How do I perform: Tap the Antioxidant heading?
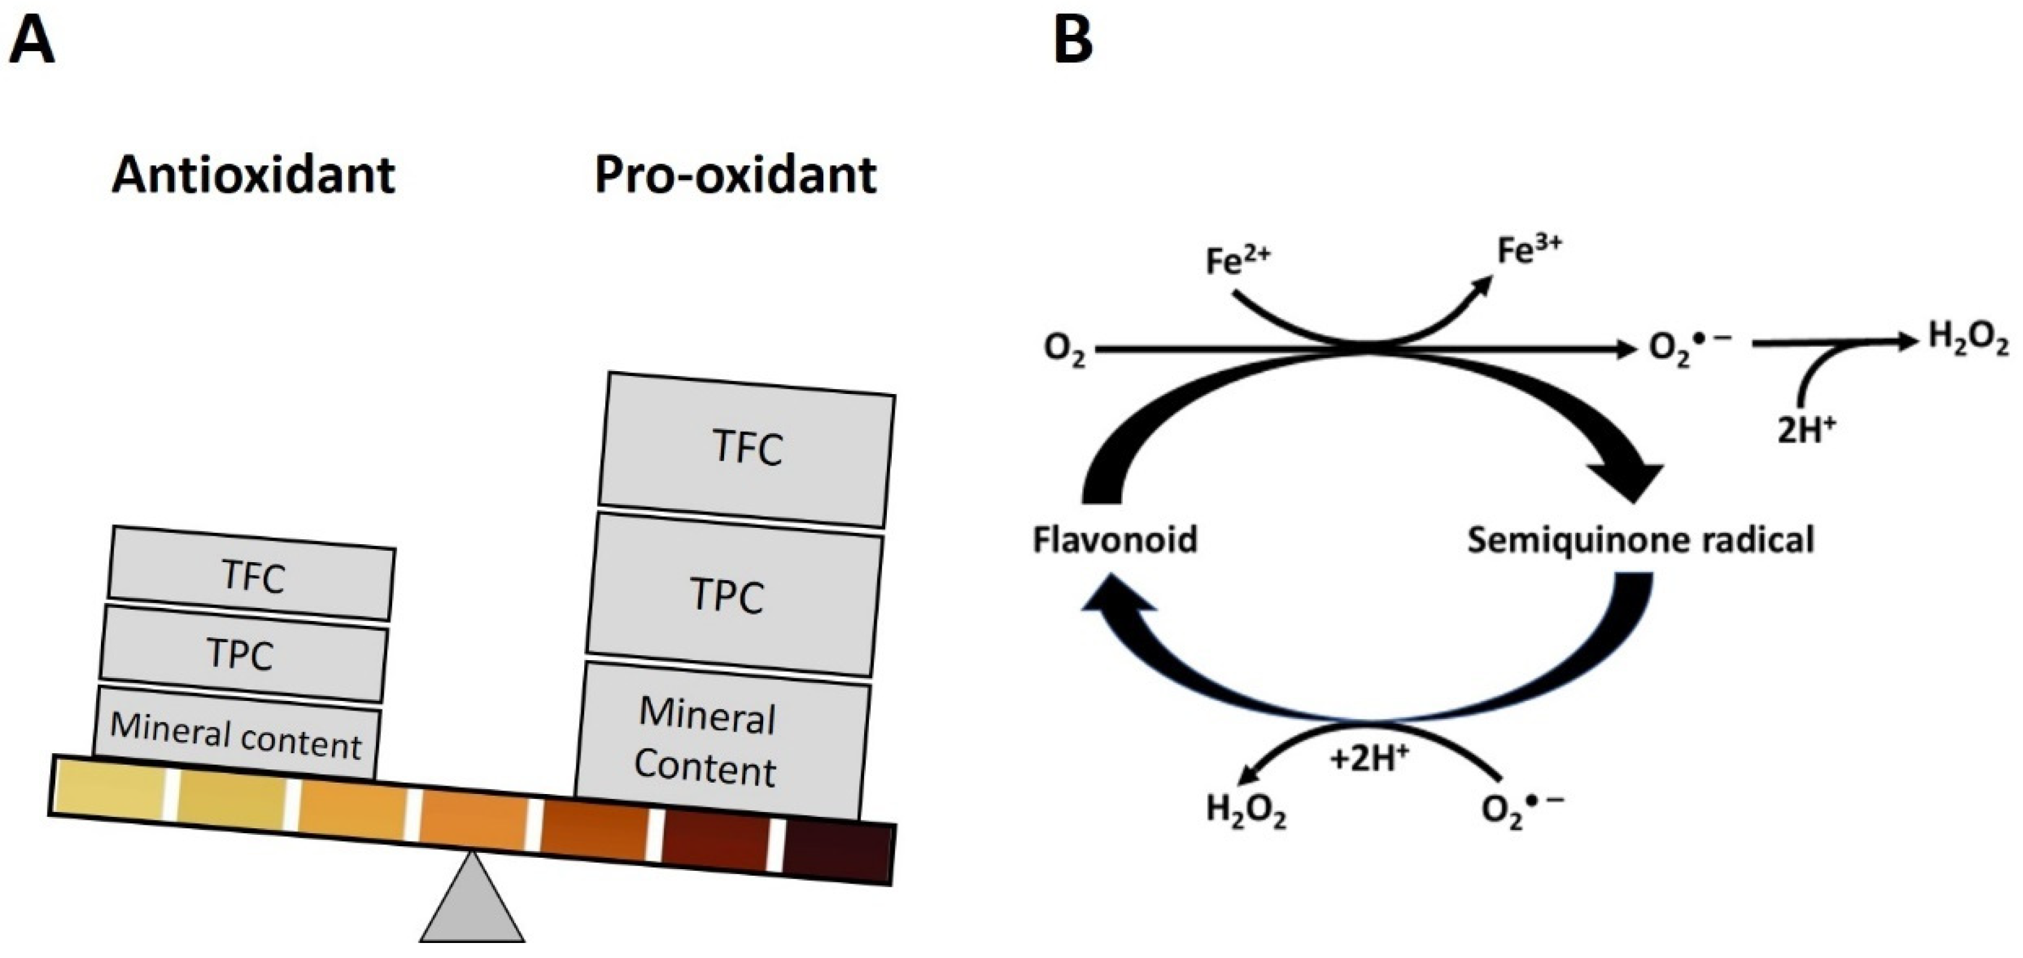[253, 174]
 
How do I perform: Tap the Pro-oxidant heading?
[735, 174]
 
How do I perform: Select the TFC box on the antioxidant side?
[252, 575]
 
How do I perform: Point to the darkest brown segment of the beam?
[839, 853]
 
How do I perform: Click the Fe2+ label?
[1237, 261]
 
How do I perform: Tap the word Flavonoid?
[1114, 540]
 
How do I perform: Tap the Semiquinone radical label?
[1640, 540]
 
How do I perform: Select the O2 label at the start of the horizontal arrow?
[1064, 351]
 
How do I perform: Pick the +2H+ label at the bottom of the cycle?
[1370, 759]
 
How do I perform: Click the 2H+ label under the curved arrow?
[1806, 429]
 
